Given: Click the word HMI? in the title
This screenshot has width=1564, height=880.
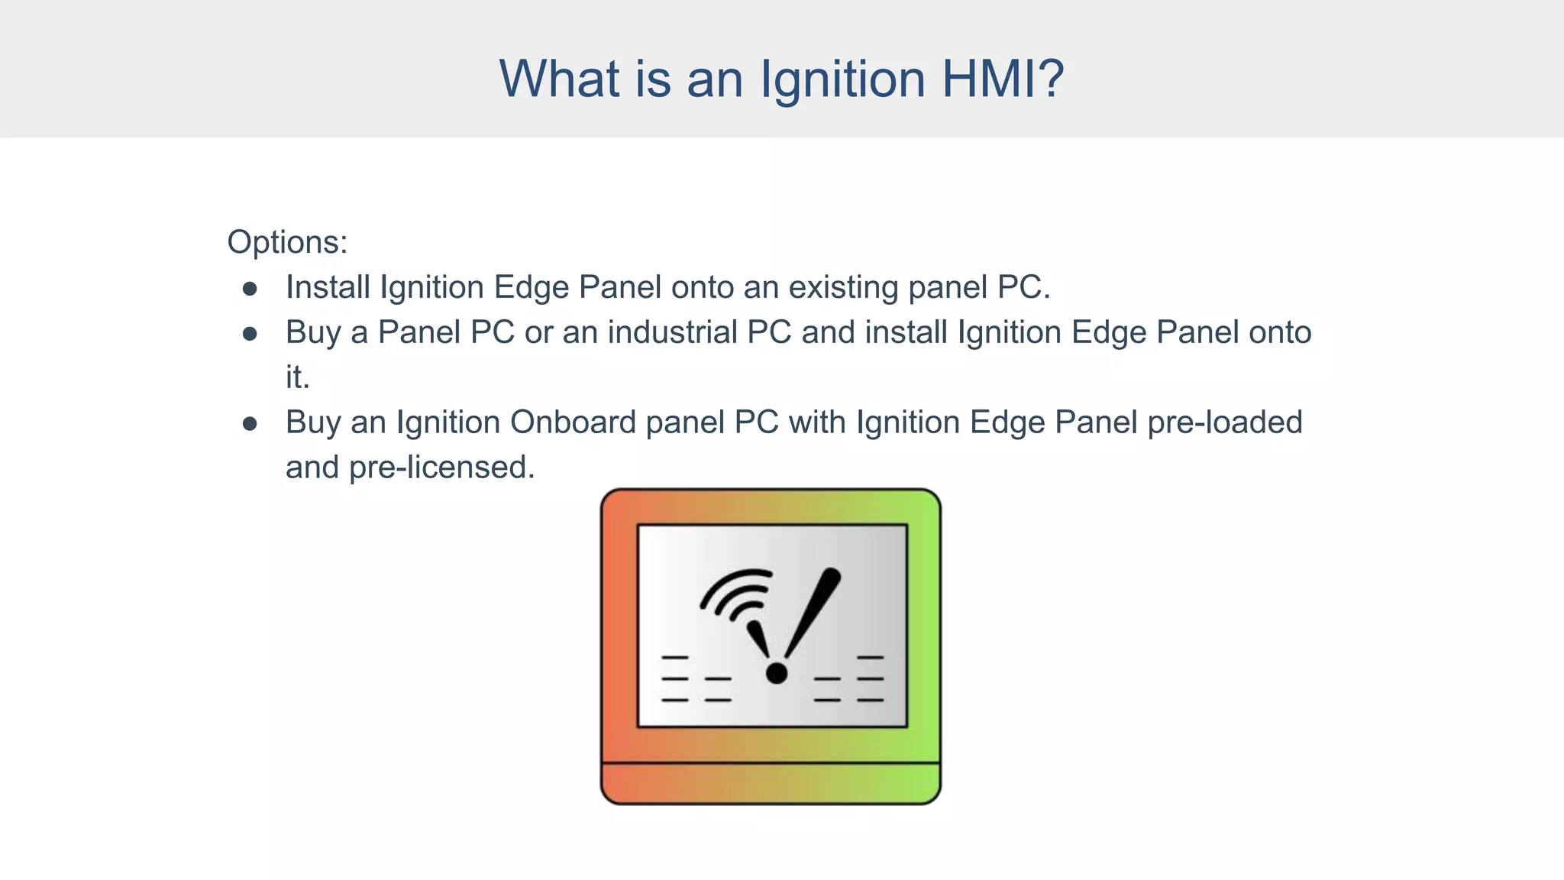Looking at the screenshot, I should pos(1003,79).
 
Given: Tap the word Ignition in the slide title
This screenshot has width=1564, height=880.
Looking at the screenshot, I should pos(842,79).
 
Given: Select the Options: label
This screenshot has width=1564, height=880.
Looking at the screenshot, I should pos(287,242).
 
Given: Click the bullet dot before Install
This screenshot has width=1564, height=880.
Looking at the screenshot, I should pos(250,289).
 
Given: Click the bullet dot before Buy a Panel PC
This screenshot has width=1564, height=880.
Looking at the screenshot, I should pos(250,334).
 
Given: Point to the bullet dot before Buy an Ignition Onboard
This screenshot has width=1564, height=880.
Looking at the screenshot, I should pos(250,424).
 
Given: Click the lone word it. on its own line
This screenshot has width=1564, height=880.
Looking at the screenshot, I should pos(298,377).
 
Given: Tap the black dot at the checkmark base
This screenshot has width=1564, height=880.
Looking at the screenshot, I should pos(776,673).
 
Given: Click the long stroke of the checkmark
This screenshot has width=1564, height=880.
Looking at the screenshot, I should pos(813,611).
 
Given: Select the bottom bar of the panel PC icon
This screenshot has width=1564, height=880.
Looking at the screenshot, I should pos(771,783).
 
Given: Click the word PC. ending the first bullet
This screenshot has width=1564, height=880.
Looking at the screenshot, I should pos(1023,288).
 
